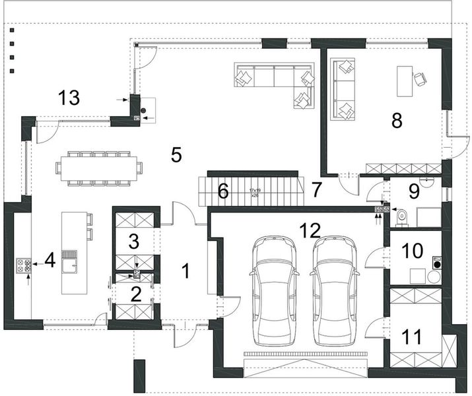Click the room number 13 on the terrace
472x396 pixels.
click(x=69, y=99)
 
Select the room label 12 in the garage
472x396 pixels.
click(x=309, y=230)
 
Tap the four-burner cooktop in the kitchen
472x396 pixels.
click(x=24, y=267)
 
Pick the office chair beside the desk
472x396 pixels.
click(x=420, y=79)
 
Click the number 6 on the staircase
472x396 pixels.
click(x=223, y=191)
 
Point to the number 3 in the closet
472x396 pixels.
click(x=134, y=242)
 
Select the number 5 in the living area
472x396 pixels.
click(x=176, y=154)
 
